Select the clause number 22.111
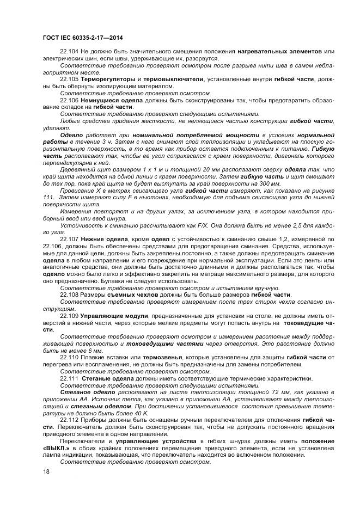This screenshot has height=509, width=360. click(x=70, y=378)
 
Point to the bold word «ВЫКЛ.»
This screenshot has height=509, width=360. click(x=53, y=449)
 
